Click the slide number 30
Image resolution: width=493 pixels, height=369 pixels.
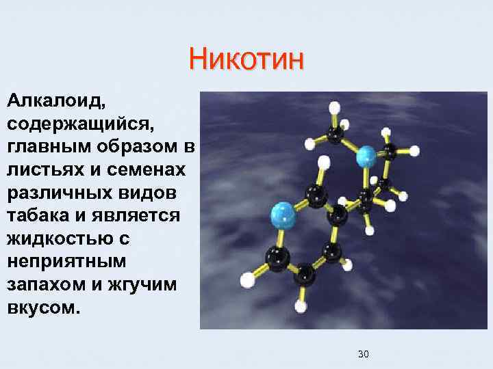tap(363, 354)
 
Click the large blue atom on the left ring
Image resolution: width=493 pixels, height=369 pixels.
tap(283, 217)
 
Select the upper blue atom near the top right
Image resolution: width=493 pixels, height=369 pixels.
tap(367, 157)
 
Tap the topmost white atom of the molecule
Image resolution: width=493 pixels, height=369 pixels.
tap(335, 108)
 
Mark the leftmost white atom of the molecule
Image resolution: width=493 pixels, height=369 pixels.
tap(248, 279)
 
